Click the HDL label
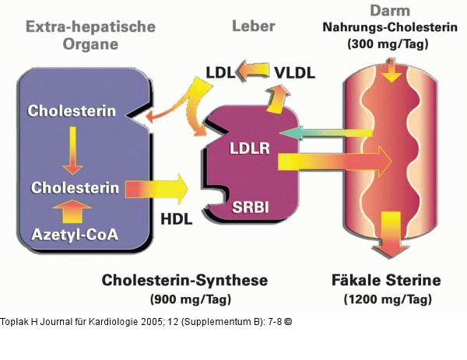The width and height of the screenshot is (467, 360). tap(177, 219)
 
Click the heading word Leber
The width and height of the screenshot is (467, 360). tap(254, 26)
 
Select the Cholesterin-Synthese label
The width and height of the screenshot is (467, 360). tap(185, 280)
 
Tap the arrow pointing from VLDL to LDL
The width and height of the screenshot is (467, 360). tap(255, 72)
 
